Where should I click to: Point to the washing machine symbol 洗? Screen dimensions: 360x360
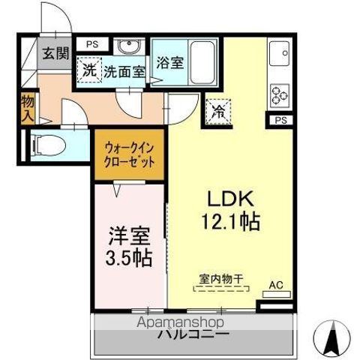click(89, 72)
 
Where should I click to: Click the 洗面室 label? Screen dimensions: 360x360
click(124, 72)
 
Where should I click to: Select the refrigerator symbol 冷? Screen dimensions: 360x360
click(218, 111)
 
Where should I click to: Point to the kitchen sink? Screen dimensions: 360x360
click(280, 54)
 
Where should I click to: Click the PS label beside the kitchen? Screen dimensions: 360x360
click(280, 120)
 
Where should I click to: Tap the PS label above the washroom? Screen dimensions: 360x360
click(91, 44)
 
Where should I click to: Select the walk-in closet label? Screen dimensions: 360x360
click(130, 154)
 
